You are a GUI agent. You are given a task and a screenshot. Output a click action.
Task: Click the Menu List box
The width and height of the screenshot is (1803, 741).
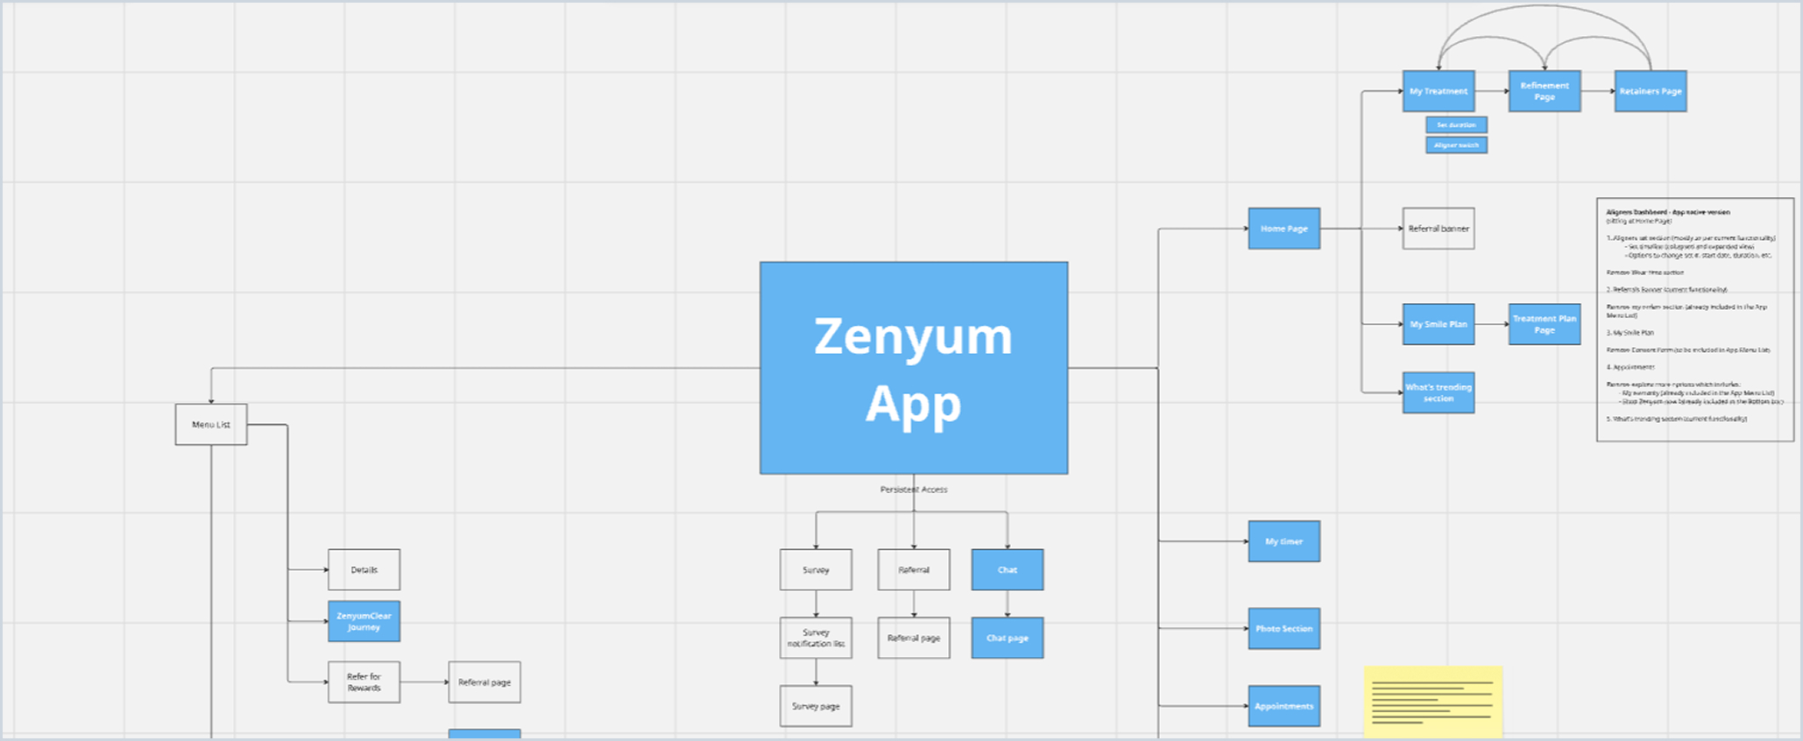click(x=211, y=425)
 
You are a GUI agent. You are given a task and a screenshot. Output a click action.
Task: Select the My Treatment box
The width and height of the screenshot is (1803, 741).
click(x=1439, y=91)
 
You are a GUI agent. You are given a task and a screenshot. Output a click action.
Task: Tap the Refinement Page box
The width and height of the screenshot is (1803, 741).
click(x=1545, y=91)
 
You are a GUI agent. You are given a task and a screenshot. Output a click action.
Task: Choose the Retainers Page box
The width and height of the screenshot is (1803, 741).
click(x=1651, y=91)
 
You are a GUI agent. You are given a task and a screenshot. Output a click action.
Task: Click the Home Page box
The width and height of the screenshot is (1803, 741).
click(x=1284, y=229)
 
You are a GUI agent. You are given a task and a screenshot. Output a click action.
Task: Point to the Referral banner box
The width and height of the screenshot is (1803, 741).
click(x=1439, y=229)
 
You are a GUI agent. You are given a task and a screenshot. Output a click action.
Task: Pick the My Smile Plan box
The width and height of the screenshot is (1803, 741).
click(x=1439, y=324)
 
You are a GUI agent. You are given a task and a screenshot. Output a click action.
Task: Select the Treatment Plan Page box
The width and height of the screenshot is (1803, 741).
click(x=1545, y=324)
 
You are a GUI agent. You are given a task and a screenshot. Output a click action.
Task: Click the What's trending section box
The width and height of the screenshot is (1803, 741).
click(x=1439, y=392)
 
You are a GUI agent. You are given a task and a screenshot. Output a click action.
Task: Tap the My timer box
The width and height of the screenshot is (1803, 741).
click(x=1284, y=541)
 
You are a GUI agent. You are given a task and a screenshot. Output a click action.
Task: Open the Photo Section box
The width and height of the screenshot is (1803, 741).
click(x=1284, y=629)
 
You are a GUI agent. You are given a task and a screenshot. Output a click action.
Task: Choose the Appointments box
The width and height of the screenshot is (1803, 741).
click(x=1284, y=706)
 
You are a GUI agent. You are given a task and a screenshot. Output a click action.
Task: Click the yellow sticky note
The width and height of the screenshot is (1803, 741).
click(x=1433, y=702)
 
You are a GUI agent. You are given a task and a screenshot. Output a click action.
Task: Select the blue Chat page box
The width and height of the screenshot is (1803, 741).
click(x=1008, y=638)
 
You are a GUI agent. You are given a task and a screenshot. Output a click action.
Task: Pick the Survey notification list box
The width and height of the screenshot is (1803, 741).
click(x=816, y=638)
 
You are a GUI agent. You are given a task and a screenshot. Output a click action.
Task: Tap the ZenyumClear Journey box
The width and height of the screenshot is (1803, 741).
click(x=364, y=621)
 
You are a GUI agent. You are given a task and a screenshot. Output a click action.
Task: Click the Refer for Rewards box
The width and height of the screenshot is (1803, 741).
click(x=364, y=682)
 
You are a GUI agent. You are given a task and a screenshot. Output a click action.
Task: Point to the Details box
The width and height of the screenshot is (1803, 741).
click(x=364, y=570)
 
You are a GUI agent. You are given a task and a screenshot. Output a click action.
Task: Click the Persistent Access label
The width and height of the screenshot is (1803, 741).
click(x=914, y=490)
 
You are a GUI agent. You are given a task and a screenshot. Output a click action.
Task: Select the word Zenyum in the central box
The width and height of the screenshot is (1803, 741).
click(x=914, y=337)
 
